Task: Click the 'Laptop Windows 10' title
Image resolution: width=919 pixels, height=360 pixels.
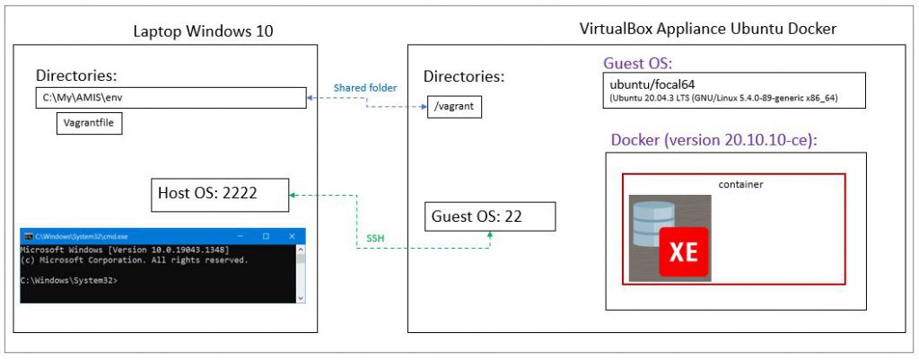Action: pos(203,31)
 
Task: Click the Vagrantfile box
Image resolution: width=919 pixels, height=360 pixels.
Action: pos(88,123)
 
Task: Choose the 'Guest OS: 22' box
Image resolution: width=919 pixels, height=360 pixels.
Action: pos(490,216)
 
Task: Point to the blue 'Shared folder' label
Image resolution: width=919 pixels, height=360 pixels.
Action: pos(365,87)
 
